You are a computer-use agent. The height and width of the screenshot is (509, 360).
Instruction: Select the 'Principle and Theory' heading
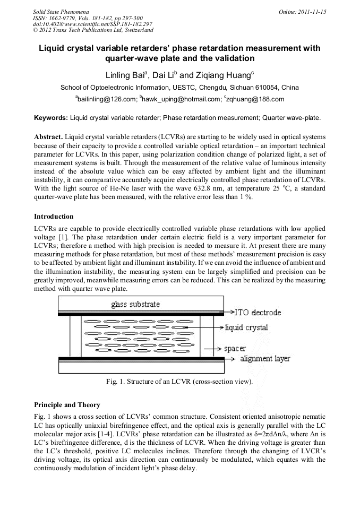point(67,405)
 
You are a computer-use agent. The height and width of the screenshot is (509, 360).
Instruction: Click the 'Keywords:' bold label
point(51,117)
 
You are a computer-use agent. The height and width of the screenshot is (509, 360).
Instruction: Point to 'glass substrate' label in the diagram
point(135,304)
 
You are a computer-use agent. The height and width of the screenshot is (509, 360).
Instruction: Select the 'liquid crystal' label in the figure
point(246,327)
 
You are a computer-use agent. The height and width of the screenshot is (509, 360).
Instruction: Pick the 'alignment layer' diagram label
point(265,359)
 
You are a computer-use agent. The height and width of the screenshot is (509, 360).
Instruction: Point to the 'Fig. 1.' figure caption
point(179,381)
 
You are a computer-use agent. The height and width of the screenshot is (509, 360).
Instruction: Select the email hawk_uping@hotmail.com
point(178,99)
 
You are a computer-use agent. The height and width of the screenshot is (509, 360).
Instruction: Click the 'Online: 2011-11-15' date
point(303,11)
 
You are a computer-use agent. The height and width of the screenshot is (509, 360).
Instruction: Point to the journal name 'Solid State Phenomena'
point(60,11)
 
